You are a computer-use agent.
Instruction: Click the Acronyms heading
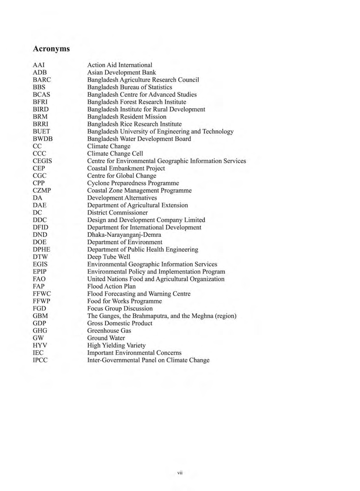point(51,48)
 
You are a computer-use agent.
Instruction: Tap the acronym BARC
point(42,80)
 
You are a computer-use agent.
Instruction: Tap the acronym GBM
point(40,316)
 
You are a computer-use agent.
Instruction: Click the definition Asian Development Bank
point(122,72)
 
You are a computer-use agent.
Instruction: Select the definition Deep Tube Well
point(109,257)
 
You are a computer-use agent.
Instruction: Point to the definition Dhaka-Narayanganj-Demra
point(124,235)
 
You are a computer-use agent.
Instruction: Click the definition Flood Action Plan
point(111,286)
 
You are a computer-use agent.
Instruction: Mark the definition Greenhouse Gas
point(109,331)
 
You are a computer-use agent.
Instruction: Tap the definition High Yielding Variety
point(116,345)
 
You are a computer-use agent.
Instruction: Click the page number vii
point(180,473)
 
